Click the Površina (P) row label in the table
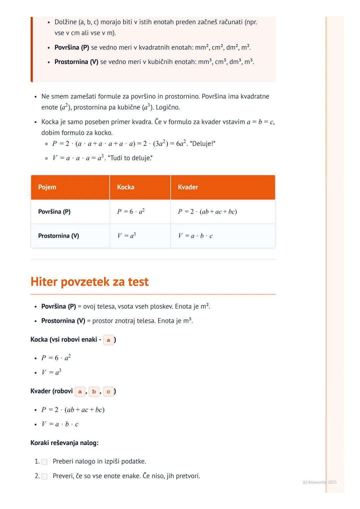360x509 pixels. click(x=54, y=212)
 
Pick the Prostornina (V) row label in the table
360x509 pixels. click(x=59, y=236)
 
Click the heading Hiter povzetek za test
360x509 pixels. click(x=90, y=282)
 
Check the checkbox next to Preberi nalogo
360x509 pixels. click(x=44, y=462)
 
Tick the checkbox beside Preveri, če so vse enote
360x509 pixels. click(x=44, y=476)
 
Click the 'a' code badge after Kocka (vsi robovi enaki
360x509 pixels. click(x=108, y=340)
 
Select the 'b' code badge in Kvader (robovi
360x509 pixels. click(x=94, y=391)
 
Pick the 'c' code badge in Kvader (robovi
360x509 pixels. click(x=108, y=391)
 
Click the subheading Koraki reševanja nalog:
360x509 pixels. click(x=64, y=443)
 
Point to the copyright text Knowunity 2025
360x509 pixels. click(x=320, y=482)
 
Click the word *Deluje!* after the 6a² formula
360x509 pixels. click(x=203, y=144)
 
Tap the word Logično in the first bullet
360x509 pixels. click(x=168, y=107)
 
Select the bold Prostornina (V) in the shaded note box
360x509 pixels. click(x=76, y=62)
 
